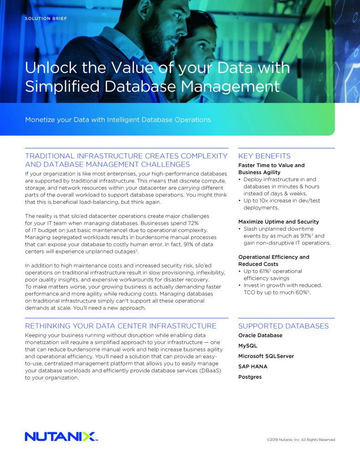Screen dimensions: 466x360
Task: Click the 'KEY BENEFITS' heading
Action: click(x=264, y=156)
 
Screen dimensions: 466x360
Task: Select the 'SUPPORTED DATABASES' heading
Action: click(x=283, y=326)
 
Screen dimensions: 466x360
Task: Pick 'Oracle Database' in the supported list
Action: click(x=260, y=335)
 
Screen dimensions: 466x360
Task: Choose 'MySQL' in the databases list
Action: click(x=248, y=346)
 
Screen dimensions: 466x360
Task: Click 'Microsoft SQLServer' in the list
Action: click(x=266, y=356)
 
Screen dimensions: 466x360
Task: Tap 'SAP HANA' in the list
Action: click(x=253, y=366)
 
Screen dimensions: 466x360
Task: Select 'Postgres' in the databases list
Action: click(x=250, y=377)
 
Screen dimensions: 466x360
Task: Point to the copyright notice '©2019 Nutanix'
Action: click(x=301, y=440)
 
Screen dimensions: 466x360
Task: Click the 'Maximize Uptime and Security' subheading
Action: click(x=279, y=222)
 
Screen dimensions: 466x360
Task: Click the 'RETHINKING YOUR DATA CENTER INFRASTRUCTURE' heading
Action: click(x=121, y=326)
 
